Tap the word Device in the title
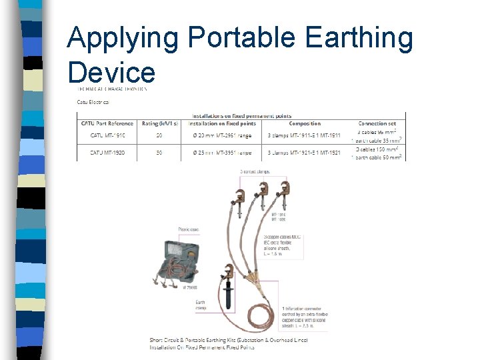[111, 72]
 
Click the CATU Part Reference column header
[107, 123]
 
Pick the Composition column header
[305, 123]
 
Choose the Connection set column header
[377, 123]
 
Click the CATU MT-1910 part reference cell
[107, 135]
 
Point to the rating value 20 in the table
[158, 135]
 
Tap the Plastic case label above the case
[189, 229]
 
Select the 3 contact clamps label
[255, 172]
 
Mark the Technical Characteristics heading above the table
[111, 88]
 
